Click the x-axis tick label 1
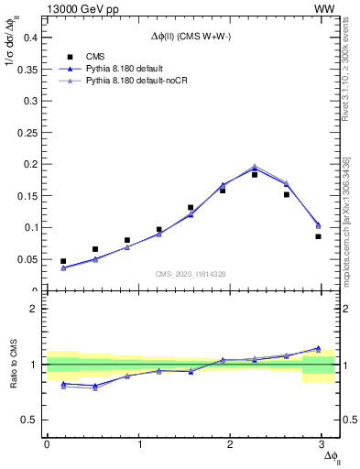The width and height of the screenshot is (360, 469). (x=139, y=444)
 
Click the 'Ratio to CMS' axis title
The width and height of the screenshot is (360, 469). (x=15, y=364)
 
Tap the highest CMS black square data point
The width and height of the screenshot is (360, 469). (x=255, y=174)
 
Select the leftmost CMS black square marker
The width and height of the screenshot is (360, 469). (x=63, y=261)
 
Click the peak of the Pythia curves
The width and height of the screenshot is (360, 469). (x=255, y=167)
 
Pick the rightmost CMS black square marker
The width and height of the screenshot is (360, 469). (x=318, y=236)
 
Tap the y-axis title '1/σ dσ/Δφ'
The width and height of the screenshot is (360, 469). (x=15, y=63)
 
